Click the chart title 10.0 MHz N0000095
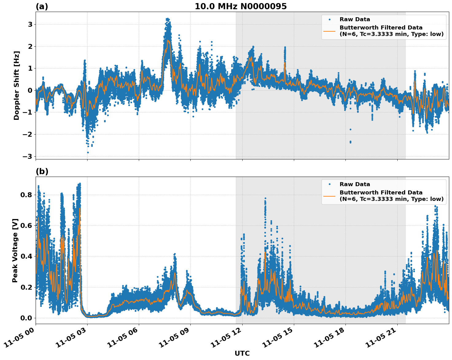(x=240, y=6)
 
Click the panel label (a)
(x=42, y=6)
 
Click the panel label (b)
(x=42, y=171)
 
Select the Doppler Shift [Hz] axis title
(x=17, y=85)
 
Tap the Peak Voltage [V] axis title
(x=15, y=250)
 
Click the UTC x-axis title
(x=242, y=353)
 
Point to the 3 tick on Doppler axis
(x=30, y=24)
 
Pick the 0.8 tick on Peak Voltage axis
(x=26, y=195)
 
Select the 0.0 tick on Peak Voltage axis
(x=26, y=318)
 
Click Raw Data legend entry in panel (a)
(x=355, y=19)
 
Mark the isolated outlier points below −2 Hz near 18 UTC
(x=350, y=142)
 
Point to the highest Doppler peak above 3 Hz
(x=167, y=19)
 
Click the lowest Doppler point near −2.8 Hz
(x=88, y=152)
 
